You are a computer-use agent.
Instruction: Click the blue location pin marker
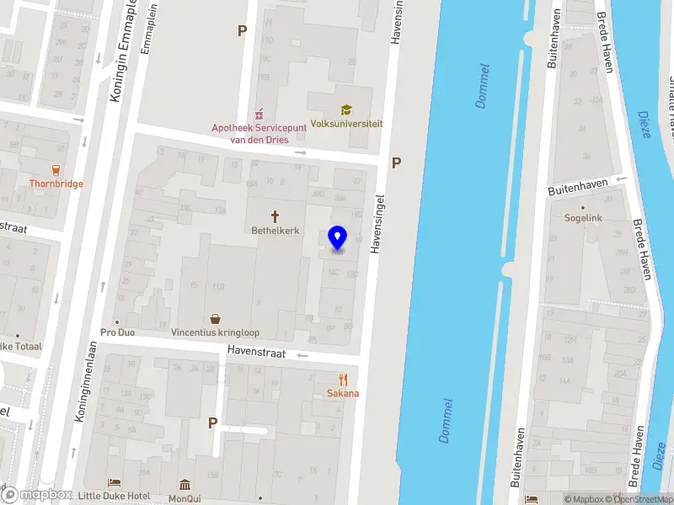(x=337, y=238)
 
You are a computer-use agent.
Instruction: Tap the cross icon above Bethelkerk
(x=275, y=215)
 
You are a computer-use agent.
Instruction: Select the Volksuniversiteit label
(x=346, y=124)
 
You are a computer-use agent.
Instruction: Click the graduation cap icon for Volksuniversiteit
(x=345, y=109)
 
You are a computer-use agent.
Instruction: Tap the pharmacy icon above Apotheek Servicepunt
(x=259, y=113)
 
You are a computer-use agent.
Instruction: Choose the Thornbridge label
(x=56, y=183)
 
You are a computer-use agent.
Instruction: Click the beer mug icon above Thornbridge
(x=56, y=168)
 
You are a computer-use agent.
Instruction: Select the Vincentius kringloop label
(x=216, y=332)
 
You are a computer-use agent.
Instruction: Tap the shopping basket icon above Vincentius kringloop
(x=216, y=319)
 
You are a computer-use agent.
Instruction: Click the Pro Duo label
(x=117, y=332)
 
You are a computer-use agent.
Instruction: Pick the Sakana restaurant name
(x=342, y=393)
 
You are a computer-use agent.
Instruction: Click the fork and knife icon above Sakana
(x=342, y=379)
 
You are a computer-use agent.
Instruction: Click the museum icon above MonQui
(x=185, y=484)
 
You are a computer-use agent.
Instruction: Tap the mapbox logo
(x=37, y=495)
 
